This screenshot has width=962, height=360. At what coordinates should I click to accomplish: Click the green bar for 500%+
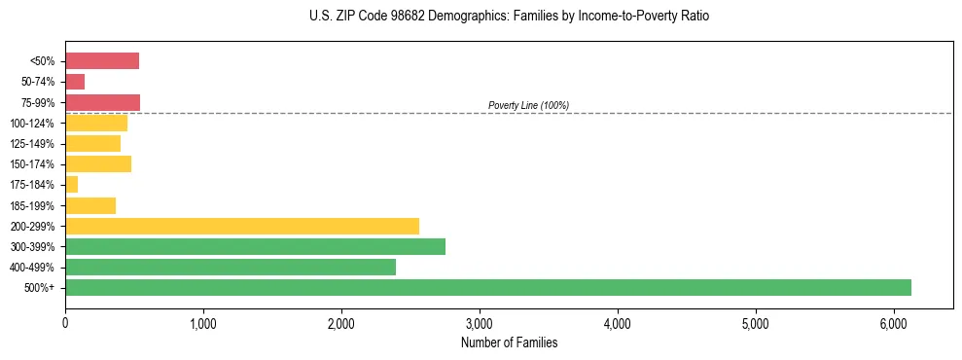pos(487,287)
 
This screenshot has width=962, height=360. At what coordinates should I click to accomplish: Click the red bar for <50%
pos(102,61)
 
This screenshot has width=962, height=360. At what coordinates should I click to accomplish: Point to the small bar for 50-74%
pos(75,82)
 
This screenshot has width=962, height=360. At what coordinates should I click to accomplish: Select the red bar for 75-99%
pos(102,102)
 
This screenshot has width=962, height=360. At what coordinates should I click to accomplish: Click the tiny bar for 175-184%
pos(71,185)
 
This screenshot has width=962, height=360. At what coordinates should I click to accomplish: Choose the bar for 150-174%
pos(98,163)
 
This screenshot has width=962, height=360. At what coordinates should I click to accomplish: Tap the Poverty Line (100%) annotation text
pos(528,105)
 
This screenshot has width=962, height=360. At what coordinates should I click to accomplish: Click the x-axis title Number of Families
pos(509,342)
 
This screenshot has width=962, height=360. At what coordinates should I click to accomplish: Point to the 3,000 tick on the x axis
pos(480,323)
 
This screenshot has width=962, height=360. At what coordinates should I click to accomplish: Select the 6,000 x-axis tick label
pos(894,323)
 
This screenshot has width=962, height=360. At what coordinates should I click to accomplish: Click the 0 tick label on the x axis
pos(65,323)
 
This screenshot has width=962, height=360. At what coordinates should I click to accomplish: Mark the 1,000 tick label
pos(203,323)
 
